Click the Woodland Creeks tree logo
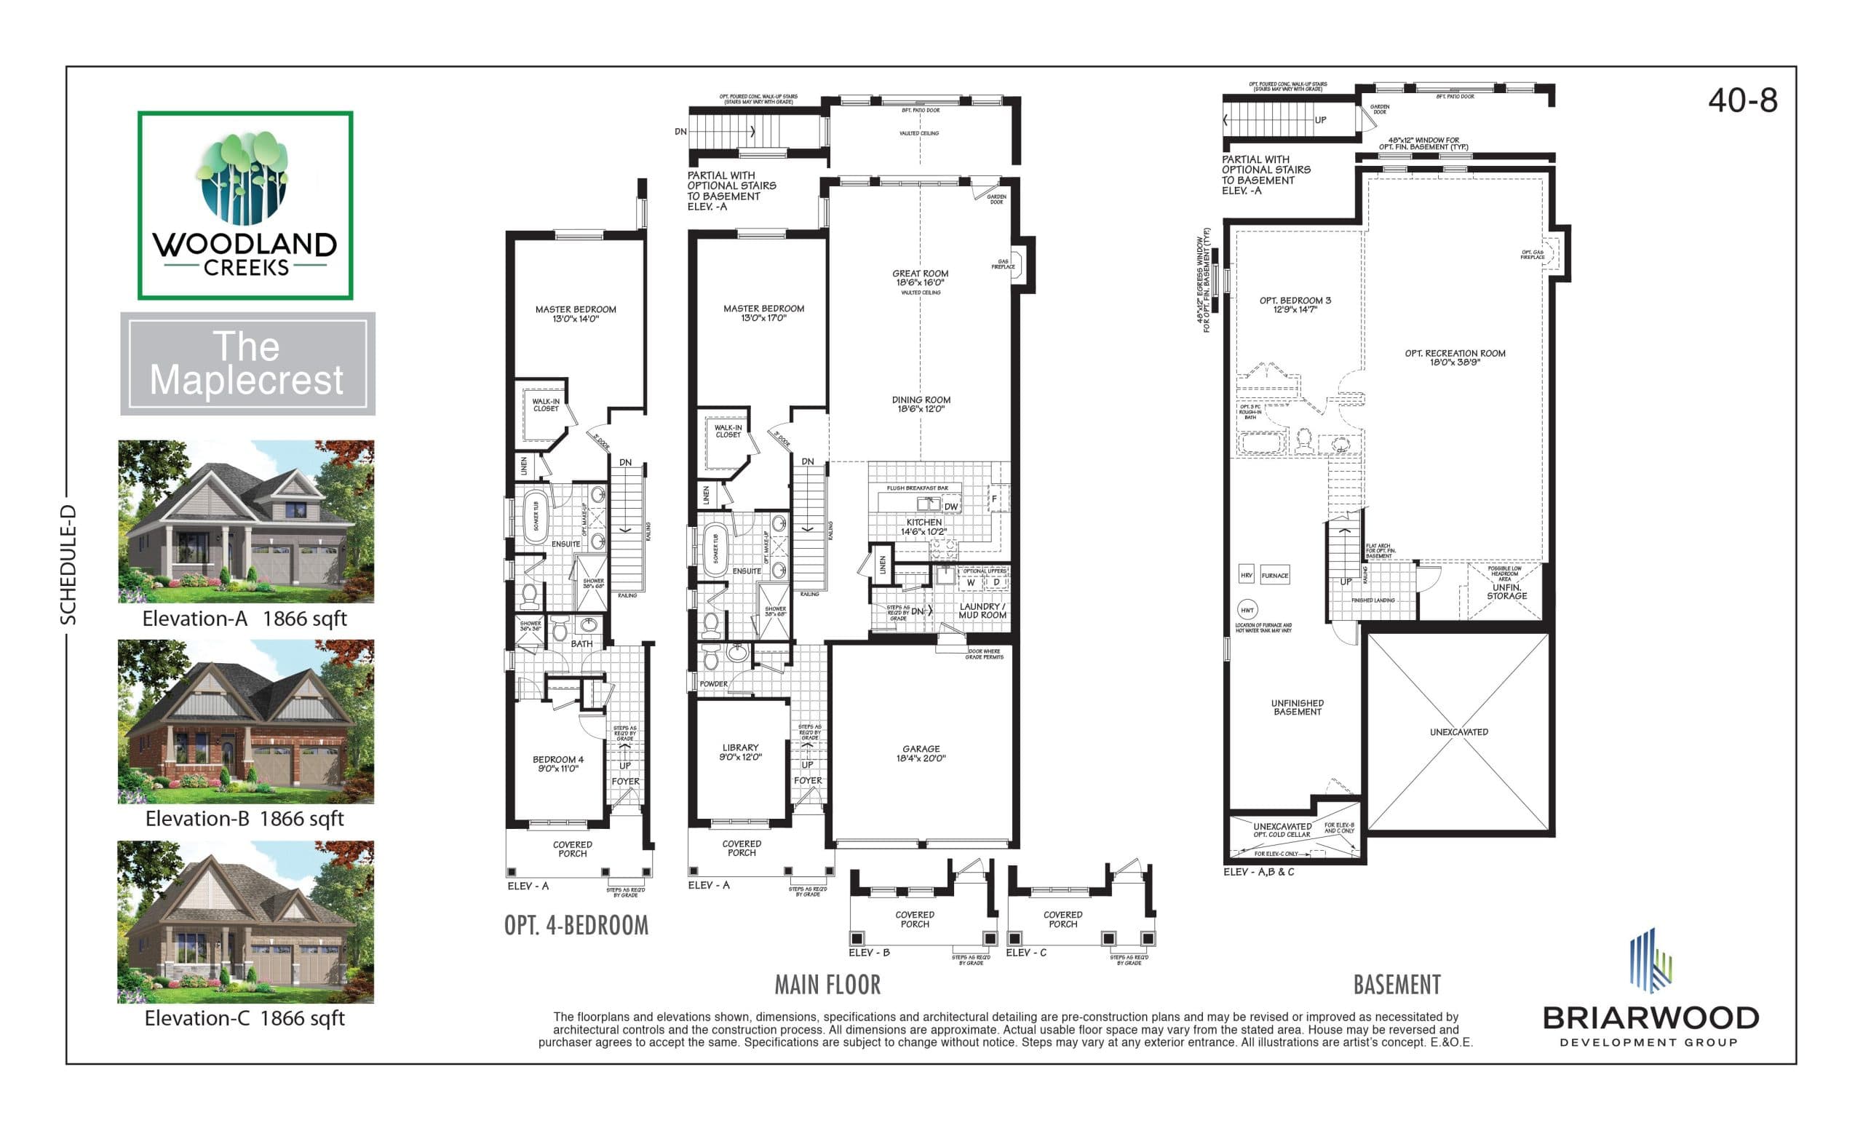coord(244,178)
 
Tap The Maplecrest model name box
coord(247,364)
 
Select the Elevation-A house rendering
coord(247,521)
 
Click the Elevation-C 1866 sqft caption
coord(245,1018)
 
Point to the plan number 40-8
coord(1742,100)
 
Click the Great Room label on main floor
coord(920,278)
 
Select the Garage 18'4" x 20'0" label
coord(920,753)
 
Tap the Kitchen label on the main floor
coord(924,527)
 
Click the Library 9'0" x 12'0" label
coord(740,752)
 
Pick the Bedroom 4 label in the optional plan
coord(558,763)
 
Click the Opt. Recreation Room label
coord(1455,357)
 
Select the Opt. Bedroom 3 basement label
coord(1295,304)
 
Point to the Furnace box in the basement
coord(1274,576)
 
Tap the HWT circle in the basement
coord(1247,610)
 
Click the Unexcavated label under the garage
coord(1458,732)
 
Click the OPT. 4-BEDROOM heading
coord(576,925)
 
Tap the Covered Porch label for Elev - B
coord(914,919)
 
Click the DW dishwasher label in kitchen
coord(950,507)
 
